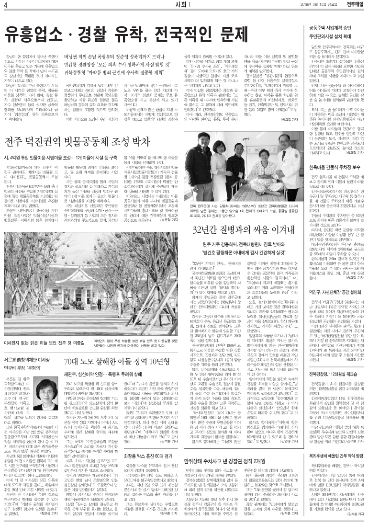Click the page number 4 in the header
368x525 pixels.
coord(5,5)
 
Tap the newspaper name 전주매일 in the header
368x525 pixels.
coord(351,5)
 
